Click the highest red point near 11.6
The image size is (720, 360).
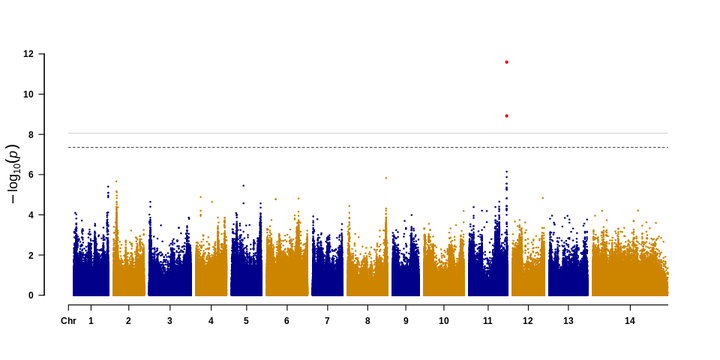tap(507, 62)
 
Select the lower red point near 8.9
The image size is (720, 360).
tap(507, 116)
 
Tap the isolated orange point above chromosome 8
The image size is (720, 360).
tap(386, 178)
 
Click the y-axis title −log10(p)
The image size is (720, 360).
tap(13, 174)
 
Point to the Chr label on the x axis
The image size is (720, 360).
tap(68, 321)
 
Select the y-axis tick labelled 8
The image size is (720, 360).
tap(34, 135)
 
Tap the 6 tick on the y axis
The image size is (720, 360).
tap(34, 175)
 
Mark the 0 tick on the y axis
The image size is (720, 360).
tap(34, 295)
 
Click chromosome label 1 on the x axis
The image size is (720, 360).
tap(91, 321)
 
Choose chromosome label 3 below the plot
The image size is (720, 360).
tap(169, 321)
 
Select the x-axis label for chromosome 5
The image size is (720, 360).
tap(246, 321)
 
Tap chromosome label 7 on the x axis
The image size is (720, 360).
tap(327, 321)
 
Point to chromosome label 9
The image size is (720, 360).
tap(405, 321)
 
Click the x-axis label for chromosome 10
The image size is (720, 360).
tap(444, 321)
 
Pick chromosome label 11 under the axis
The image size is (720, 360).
tap(488, 321)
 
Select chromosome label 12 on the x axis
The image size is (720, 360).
tap(528, 321)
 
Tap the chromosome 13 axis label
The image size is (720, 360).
tap(568, 321)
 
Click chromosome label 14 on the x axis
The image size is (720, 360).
tap(629, 321)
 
